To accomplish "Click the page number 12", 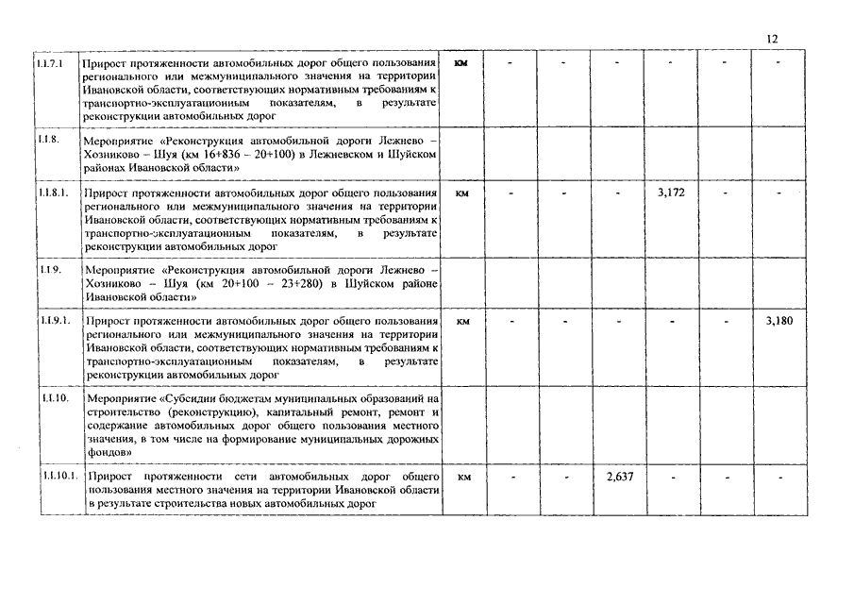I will tap(772, 39).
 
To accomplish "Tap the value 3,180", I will tap(779, 321).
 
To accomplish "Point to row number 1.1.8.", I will tap(48, 139).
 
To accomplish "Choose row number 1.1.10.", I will tap(55, 398).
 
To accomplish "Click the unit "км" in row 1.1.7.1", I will tap(461, 63).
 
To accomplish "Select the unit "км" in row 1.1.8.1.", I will tap(462, 193).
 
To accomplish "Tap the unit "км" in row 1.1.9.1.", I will tap(462, 322).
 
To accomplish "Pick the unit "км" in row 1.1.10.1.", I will tap(463, 478).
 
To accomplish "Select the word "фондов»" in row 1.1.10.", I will tap(109, 453).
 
